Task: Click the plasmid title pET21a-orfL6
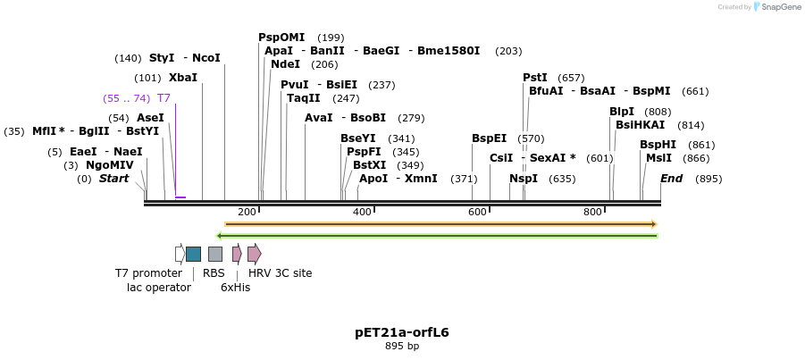tap(402, 332)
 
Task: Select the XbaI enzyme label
tap(182, 78)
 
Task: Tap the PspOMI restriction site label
tap(281, 38)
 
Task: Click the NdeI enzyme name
tap(285, 64)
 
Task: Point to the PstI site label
tap(535, 78)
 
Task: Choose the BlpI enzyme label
tap(622, 112)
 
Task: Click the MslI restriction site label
tap(658, 158)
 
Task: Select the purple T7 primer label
tap(164, 98)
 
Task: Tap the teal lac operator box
tap(193, 254)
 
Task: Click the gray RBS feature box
tap(215, 254)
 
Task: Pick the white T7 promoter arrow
tap(180, 254)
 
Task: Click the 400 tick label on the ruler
tap(362, 212)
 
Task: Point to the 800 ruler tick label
tap(592, 212)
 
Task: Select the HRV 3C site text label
tap(280, 273)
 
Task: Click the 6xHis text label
tap(235, 288)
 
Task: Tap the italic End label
tap(672, 179)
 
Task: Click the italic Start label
tap(113, 179)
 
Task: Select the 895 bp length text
tap(402, 347)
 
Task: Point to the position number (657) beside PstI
tap(571, 78)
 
